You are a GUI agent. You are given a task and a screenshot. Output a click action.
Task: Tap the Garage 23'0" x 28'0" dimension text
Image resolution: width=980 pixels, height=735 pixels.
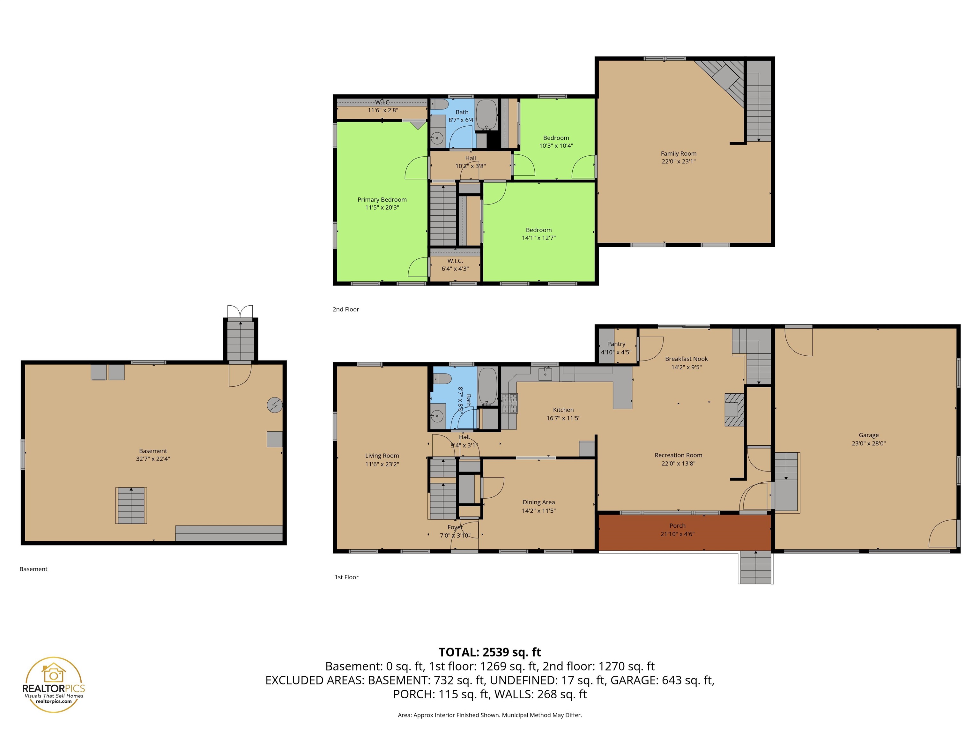coord(868,443)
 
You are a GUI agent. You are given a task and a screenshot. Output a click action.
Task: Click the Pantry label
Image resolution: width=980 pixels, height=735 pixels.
coord(616,344)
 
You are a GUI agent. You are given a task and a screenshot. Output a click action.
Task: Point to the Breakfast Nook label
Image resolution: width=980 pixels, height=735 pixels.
coord(686,359)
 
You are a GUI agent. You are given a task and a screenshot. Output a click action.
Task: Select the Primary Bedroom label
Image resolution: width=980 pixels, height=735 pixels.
coord(382,200)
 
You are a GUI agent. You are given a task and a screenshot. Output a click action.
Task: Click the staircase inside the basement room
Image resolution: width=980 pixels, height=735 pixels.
coord(131,506)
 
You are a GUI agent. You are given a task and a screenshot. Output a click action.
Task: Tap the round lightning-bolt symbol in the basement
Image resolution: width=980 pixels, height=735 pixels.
coord(275,405)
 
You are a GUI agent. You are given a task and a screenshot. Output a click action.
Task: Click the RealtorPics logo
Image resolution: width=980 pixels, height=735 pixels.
coord(54,685)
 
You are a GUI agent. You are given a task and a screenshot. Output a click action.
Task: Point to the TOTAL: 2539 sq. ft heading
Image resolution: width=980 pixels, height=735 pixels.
coord(490,652)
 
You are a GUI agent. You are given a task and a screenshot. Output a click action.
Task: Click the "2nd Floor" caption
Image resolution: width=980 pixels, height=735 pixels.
coord(345,309)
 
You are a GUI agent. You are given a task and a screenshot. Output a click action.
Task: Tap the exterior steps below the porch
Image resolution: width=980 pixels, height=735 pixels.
coord(755,568)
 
